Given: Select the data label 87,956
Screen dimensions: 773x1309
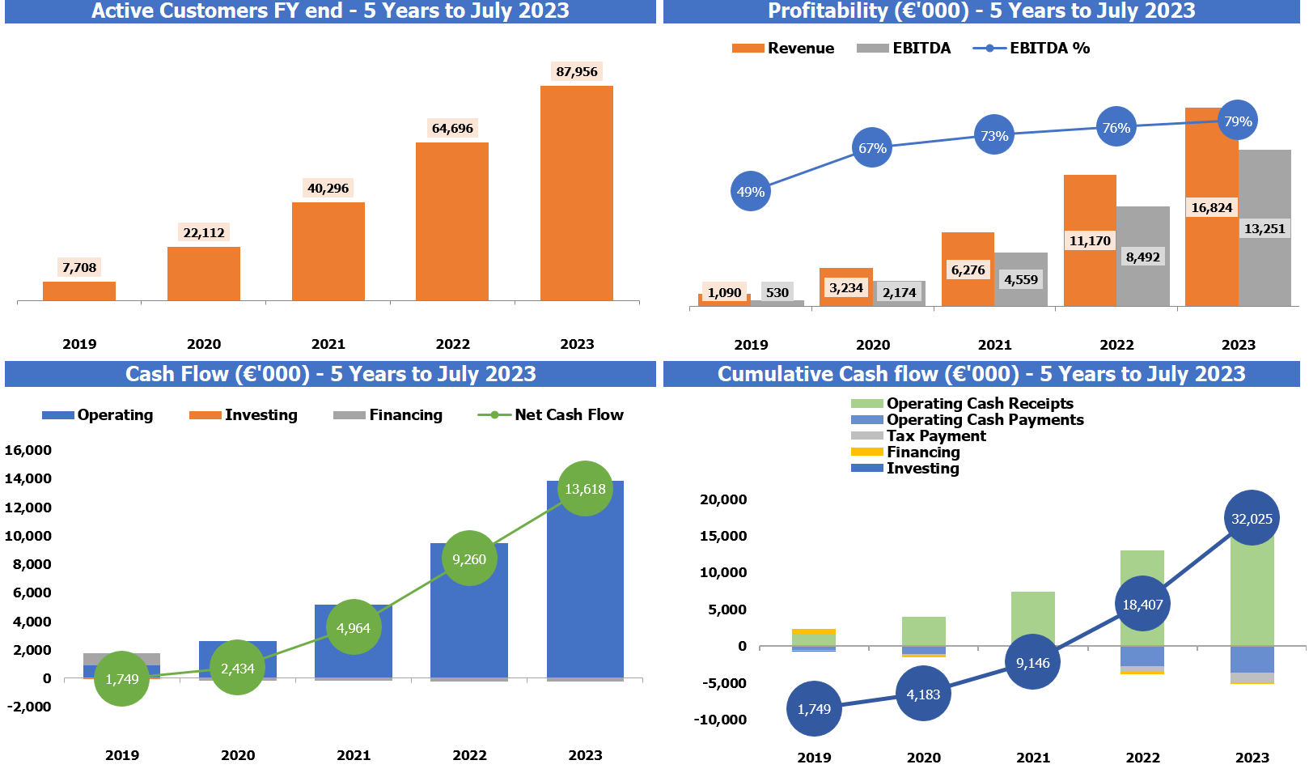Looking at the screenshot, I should click(577, 71).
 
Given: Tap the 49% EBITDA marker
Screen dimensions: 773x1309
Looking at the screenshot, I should click(751, 192).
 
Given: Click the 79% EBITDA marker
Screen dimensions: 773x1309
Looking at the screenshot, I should click(1238, 121).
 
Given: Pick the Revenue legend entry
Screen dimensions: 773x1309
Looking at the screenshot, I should click(783, 49).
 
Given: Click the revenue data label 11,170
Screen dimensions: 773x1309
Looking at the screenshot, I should click(1090, 240).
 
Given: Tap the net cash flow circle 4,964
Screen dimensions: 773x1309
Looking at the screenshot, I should click(354, 627).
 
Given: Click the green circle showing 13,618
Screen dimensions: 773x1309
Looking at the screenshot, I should click(585, 489).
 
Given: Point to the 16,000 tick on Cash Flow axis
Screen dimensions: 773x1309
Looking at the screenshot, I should click(28, 450).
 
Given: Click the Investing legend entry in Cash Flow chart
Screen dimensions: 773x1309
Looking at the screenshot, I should click(244, 415).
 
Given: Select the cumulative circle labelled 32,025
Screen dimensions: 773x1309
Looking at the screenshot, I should click(1252, 518).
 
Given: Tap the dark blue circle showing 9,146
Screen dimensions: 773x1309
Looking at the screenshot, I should click(1033, 662).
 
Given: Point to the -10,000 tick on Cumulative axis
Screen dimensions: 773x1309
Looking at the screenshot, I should click(720, 720).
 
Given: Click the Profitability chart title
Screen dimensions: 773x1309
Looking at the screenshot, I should click(981, 11).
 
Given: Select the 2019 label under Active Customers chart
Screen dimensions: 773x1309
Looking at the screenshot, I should click(79, 344).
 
